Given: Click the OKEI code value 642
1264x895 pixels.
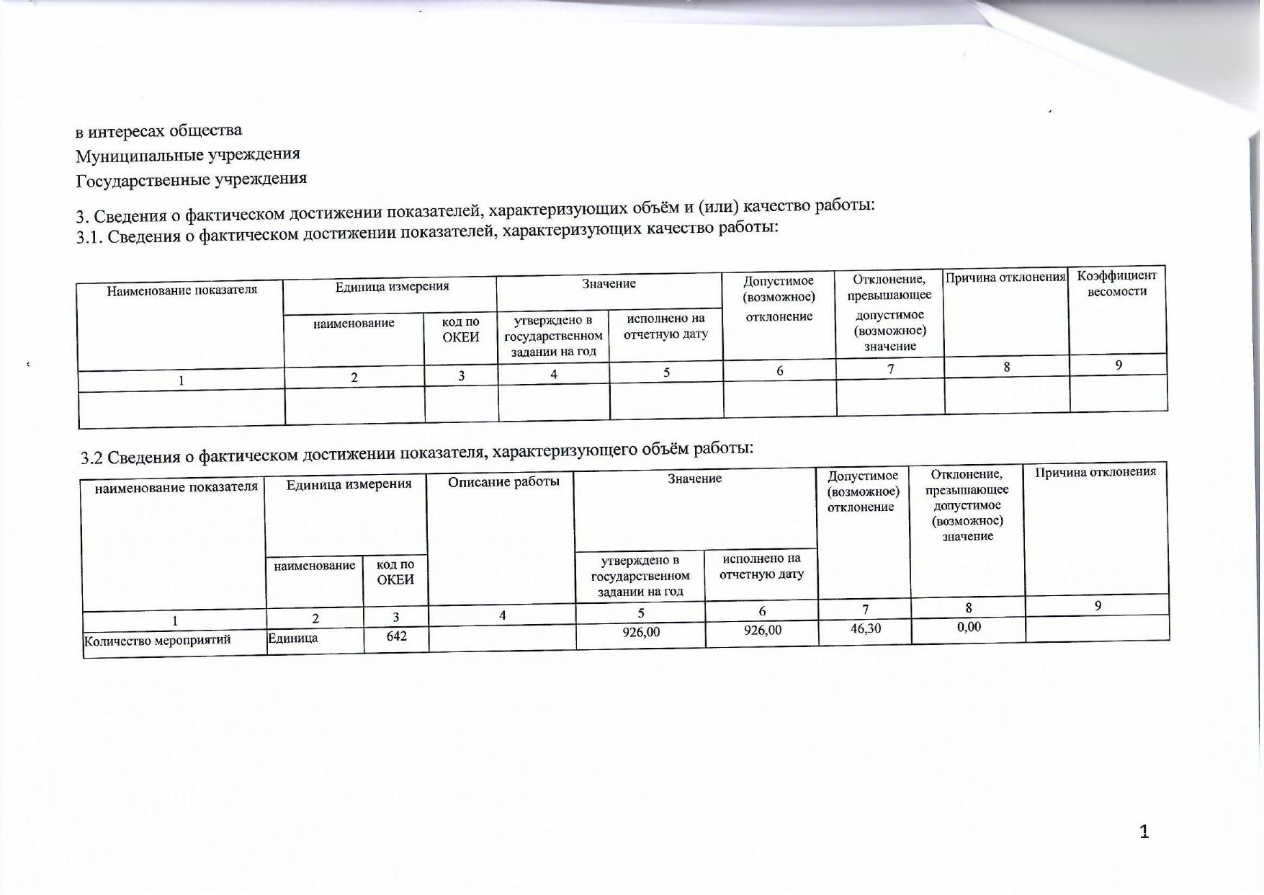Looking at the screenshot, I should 396,636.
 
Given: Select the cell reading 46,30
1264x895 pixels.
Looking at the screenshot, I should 865,628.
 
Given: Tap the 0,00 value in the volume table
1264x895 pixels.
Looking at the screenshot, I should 969,627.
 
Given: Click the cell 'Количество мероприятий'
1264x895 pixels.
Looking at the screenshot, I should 157,641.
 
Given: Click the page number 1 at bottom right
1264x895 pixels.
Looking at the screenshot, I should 1144,832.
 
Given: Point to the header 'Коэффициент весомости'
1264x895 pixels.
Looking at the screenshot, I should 1116,283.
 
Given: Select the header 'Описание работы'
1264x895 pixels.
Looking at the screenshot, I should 503,481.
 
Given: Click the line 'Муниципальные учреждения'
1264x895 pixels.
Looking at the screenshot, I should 188,154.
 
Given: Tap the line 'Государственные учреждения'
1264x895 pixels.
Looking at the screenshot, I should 192,179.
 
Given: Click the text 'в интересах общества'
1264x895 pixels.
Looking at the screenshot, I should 159,130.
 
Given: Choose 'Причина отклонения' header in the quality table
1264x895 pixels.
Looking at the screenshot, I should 1005,277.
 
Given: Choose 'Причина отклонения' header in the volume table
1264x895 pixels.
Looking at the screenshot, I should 1095,472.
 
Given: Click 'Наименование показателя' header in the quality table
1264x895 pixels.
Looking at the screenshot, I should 181,290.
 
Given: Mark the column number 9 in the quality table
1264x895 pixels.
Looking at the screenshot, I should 1119,365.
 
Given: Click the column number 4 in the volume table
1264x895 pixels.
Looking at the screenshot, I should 503,615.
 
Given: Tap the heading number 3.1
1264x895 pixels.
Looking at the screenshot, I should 89,236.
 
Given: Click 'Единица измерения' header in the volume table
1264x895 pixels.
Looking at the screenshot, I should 349,484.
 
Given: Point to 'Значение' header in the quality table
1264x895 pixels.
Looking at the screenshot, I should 609,284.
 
